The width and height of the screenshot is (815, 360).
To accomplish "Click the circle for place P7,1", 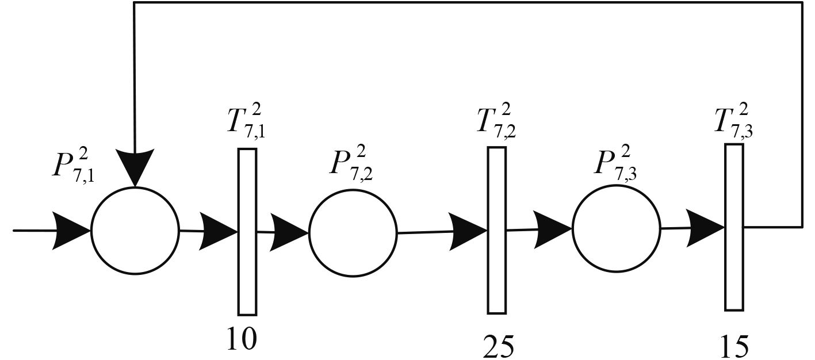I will [x=135, y=231].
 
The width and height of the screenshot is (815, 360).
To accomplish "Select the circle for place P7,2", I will [x=353, y=233].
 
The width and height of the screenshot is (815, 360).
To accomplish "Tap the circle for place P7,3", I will [x=616, y=229].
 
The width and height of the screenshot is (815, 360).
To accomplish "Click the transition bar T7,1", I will [x=247, y=232].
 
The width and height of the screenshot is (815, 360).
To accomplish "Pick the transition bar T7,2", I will [x=497, y=230].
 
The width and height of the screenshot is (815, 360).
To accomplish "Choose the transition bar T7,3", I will [x=734, y=227].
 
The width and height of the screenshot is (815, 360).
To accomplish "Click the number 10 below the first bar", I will [x=242, y=339].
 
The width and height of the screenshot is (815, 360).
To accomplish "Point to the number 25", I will [x=498, y=347].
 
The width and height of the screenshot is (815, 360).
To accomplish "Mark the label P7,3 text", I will [x=613, y=163].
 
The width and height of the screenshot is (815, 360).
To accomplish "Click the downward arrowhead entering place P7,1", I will [x=135, y=167].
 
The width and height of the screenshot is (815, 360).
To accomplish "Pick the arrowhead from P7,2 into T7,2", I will [x=469, y=232].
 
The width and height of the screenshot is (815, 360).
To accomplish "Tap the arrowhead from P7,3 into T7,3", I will [x=706, y=228].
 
